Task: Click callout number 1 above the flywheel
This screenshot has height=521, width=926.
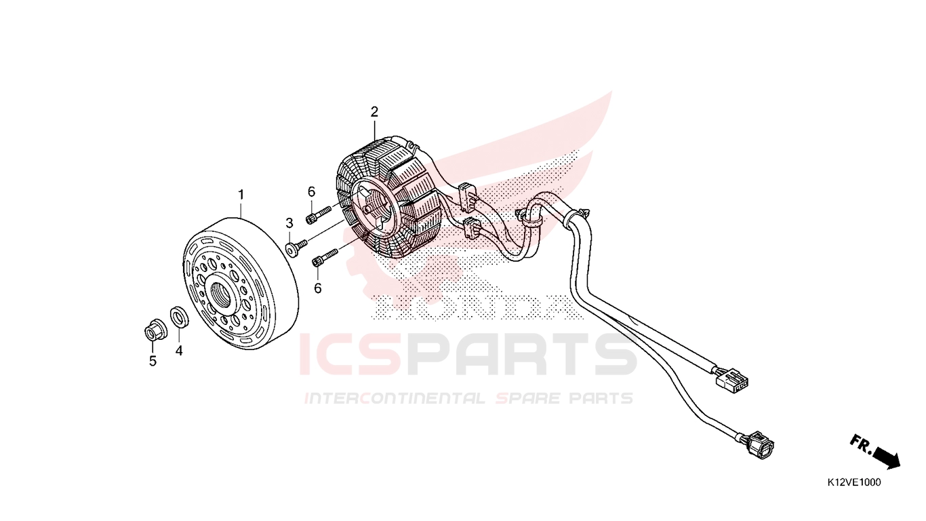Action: pos(241,195)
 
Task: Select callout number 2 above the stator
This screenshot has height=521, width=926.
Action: pos(374,112)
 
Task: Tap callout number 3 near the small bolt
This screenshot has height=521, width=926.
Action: pos(289,223)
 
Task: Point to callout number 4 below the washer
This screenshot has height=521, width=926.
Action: pos(178,351)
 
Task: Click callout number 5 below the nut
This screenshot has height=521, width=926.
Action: pos(153,362)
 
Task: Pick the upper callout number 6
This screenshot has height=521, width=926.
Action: pos(311,192)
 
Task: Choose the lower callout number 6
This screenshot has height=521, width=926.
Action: pos(317,288)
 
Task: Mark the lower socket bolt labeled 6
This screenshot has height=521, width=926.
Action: pos(325,256)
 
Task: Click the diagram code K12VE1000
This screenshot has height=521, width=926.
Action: pos(854,482)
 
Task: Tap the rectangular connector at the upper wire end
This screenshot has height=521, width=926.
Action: pos(732,379)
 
